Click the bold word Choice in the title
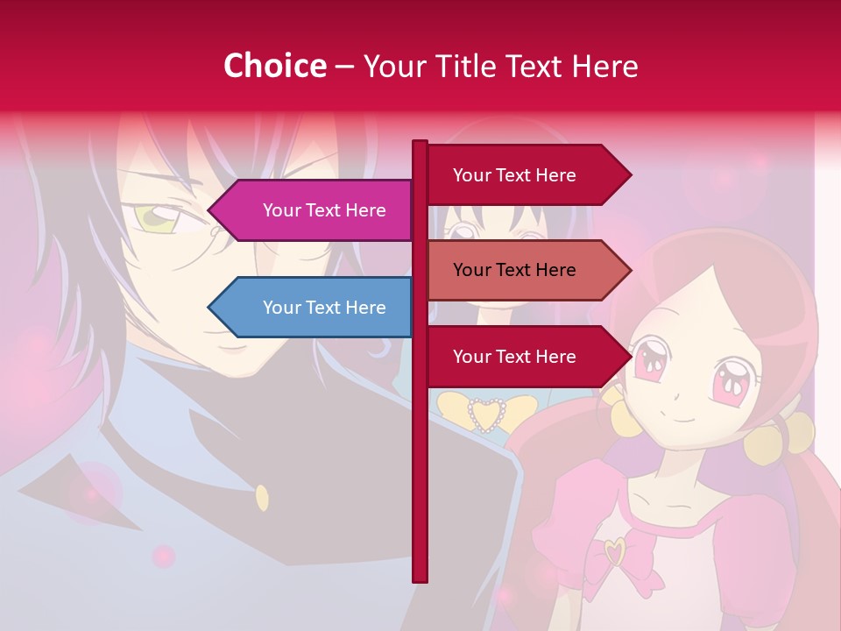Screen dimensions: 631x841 coord(274,66)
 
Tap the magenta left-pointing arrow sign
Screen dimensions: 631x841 coord(310,210)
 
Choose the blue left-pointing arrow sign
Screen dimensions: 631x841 coord(310,308)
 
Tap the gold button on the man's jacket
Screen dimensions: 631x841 coord(262,498)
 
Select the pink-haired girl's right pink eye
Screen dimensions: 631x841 coord(729,380)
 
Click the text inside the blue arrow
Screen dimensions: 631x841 coord(324,308)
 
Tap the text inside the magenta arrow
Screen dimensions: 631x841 coord(324,210)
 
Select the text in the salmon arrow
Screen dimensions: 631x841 coord(514,270)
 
